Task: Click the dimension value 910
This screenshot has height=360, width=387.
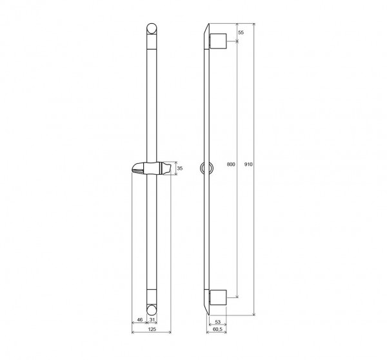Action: [248, 165]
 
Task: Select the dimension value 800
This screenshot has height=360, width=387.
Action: [231, 165]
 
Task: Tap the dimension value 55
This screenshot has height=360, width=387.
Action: [241, 32]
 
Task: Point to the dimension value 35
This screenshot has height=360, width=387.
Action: [180, 168]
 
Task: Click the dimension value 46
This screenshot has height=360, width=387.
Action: [140, 320]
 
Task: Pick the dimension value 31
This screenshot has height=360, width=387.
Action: [152, 320]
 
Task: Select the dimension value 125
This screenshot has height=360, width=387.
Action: [152, 329]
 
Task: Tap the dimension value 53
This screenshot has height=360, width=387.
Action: [217, 322]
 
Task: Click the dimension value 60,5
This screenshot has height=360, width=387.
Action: [217, 329]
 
